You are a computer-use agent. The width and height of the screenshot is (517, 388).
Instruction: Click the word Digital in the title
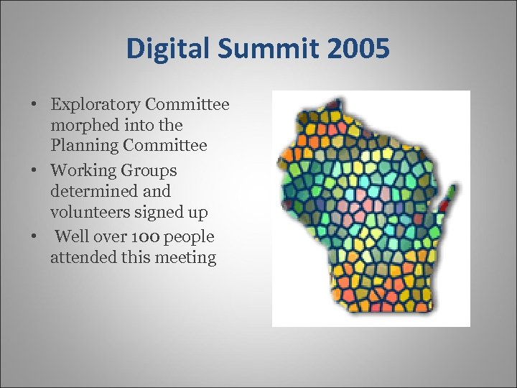164,49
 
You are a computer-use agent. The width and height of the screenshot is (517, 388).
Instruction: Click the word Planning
83,146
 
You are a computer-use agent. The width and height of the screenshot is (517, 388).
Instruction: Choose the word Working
83,171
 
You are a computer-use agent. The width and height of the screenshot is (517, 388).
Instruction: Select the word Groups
149,171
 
